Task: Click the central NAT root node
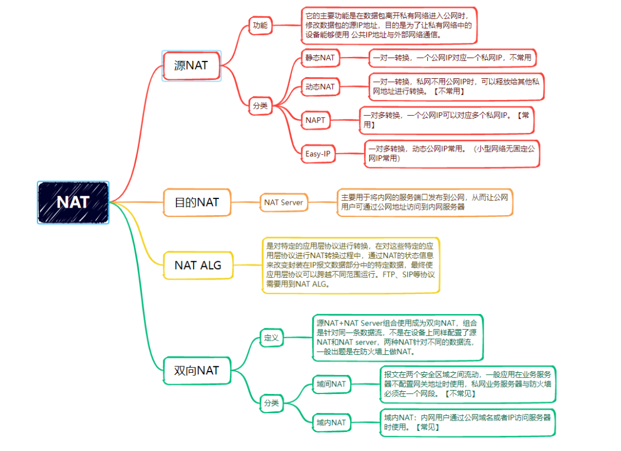(73, 202)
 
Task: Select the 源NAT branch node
(191, 66)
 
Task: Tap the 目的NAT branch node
(197, 202)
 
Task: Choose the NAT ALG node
(197, 266)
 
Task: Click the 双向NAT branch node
(197, 370)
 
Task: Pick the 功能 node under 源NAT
(260, 25)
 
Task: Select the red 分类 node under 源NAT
(260, 105)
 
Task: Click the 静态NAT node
(320, 58)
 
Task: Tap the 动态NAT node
(320, 87)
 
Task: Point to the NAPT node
(316, 120)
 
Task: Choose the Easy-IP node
(318, 154)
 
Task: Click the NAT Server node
(283, 202)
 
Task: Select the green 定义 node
(271, 338)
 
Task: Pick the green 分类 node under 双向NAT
(271, 403)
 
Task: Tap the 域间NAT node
(331, 384)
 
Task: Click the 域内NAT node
(331, 423)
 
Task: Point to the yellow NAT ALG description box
(350, 265)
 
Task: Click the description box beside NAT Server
(424, 202)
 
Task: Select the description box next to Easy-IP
(452, 154)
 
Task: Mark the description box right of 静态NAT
(452, 58)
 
